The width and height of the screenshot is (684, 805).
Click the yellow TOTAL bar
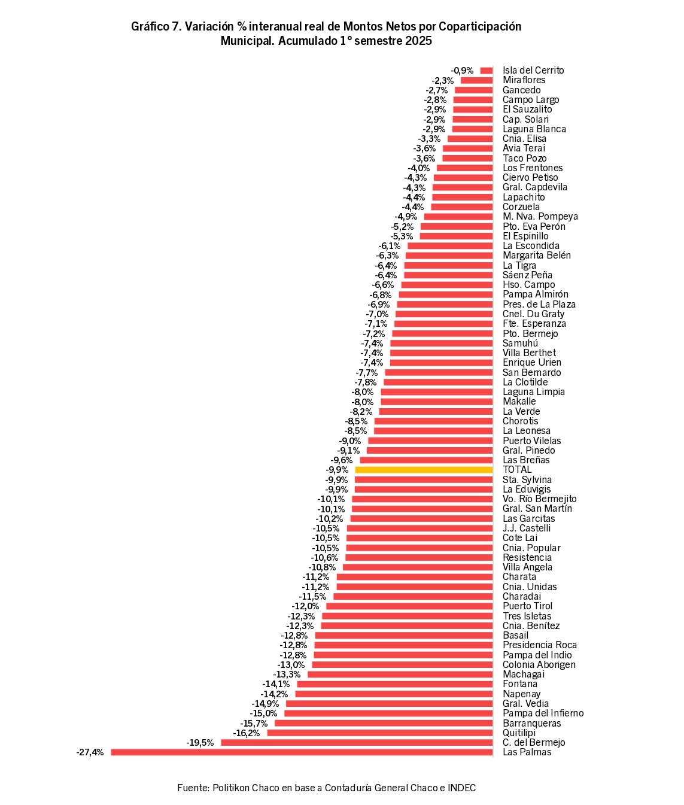[424, 470]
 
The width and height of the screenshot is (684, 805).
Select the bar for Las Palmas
[302, 752]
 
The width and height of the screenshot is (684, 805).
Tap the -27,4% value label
[90, 752]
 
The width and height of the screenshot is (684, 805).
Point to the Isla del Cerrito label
[533, 71]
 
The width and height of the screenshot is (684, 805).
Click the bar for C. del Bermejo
[357, 743]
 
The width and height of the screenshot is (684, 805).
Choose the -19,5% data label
[200, 743]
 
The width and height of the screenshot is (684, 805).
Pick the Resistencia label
[527, 558]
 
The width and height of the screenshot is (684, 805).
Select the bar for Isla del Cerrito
[487, 71]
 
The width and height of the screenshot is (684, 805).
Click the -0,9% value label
[462, 71]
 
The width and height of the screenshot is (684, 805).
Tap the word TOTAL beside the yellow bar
[517, 470]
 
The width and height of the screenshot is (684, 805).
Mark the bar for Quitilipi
[379, 733]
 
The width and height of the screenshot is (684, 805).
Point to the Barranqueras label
[531, 723]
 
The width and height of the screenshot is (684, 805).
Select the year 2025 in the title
[418, 41]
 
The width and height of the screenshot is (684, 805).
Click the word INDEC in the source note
[461, 788]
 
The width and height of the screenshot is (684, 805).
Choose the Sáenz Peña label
[527, 275]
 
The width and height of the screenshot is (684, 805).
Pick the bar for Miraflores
[476, 80]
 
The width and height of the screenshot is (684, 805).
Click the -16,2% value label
[247, 733]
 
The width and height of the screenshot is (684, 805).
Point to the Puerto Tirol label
[527, 606]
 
